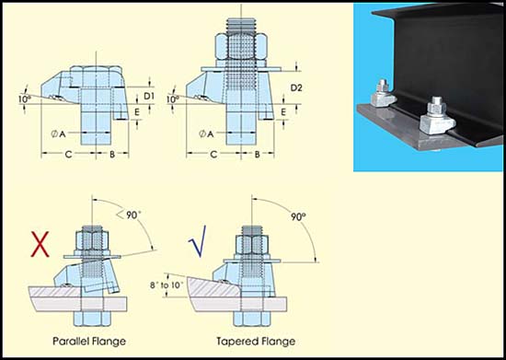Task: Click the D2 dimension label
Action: [x=297, y=87]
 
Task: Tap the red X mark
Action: [x=40, y=246]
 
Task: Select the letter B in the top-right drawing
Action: [x=258, y=155]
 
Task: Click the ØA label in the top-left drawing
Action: [x=58, y=134]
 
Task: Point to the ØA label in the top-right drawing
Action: [x=210, y=134]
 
